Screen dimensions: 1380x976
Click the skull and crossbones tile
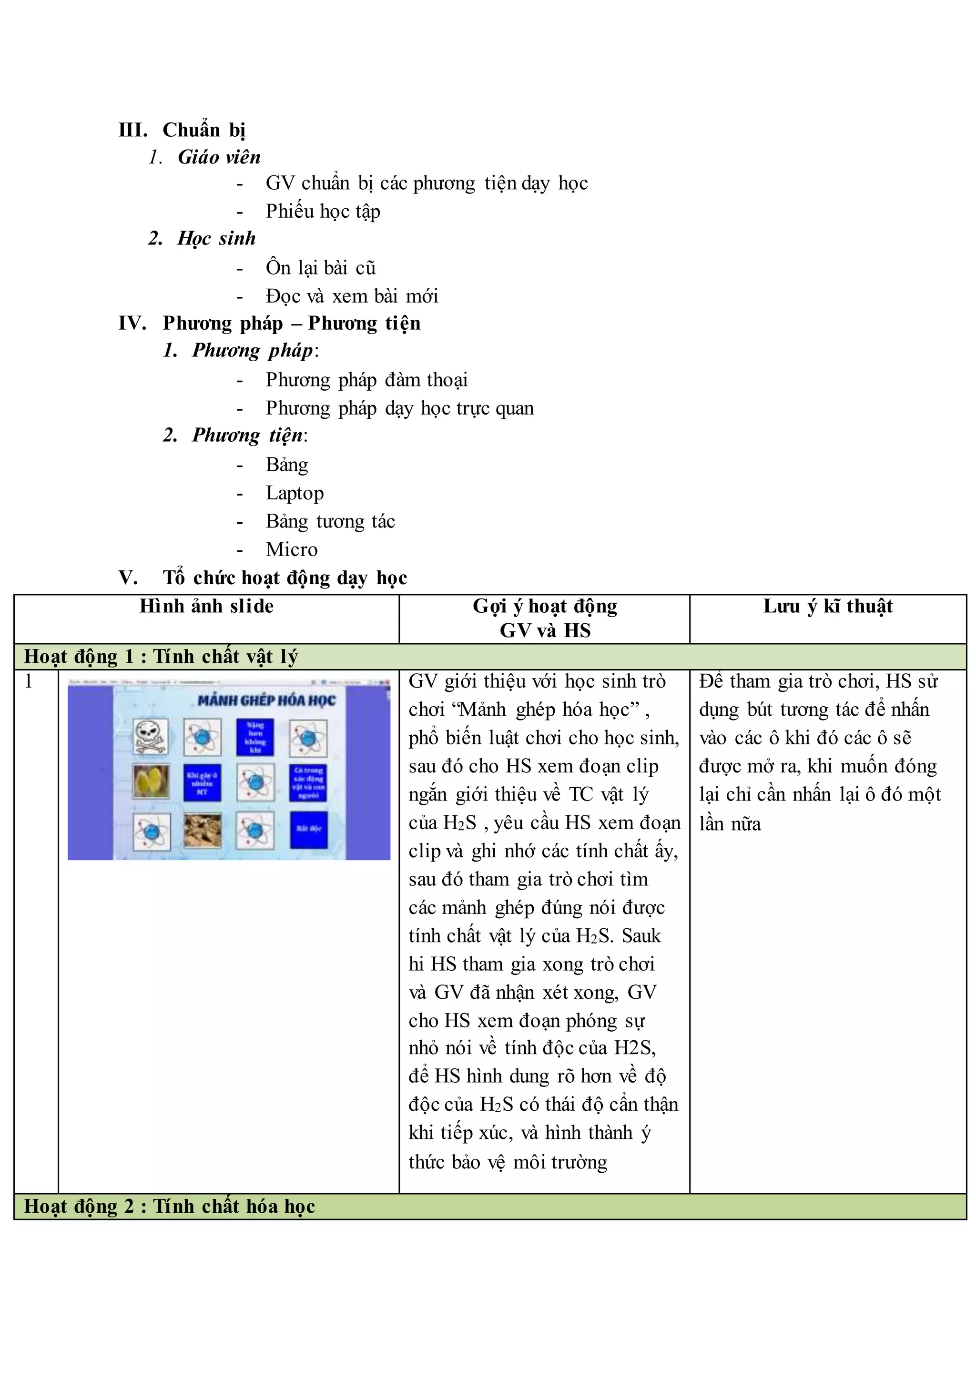[x=151, y=736]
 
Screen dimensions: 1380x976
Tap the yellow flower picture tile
[x=151, y=782]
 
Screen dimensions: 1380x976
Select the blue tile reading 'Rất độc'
[x=308, y=830]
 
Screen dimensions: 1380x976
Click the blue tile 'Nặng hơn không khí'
[x=255, y=737]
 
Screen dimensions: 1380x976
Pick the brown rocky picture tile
[x=203, y=830]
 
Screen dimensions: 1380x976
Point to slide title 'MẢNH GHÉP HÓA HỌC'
[x=266, y=700]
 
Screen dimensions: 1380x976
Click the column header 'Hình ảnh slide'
[x=206, y=606]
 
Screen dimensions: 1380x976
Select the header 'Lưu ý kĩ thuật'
[x=828, y=606]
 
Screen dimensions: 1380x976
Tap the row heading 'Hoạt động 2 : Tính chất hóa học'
[x=170, y=1206]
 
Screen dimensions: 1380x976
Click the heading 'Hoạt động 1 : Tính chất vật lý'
[x=161, y=656]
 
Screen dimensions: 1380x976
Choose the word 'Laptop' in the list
[x=295, y=493]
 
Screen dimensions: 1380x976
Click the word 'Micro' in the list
[x=292, y=549]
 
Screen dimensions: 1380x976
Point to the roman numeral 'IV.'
[x=132, y=324]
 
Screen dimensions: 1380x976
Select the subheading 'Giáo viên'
[x=219, y=157]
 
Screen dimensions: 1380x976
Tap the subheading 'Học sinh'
[x=216, y=238]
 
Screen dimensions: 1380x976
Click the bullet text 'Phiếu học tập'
[x=323, y=211]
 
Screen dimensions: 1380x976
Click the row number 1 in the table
[x=28, y=681]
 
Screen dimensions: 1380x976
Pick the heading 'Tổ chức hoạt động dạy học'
[x=285, y=578]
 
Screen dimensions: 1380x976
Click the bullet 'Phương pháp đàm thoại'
[x=366, y=380]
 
